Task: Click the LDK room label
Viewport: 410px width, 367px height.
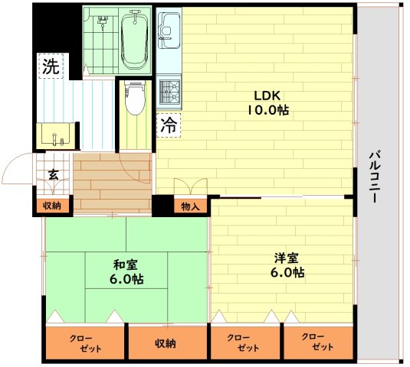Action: (267, 96)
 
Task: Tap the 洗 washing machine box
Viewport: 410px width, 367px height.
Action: (51, 66)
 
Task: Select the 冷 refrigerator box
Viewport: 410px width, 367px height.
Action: (169, 125)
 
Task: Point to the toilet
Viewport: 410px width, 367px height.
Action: (135, 98)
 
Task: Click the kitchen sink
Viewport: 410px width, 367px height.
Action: (170, 30)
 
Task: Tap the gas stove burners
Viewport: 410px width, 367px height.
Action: (170, 92)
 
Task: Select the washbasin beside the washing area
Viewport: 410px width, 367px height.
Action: (56, 134)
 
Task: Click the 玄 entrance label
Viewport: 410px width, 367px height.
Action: (54, 175)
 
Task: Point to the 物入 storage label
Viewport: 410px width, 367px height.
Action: (191, 207)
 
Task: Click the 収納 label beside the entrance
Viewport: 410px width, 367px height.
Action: (52, 206)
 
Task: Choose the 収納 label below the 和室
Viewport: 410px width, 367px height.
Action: (166, 344)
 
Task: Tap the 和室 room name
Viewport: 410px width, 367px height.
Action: (126, 265)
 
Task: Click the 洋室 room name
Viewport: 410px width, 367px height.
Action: (287, 258)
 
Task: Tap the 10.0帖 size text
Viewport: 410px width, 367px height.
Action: (268, 111)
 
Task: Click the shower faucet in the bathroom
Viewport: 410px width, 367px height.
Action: (103, 20)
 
